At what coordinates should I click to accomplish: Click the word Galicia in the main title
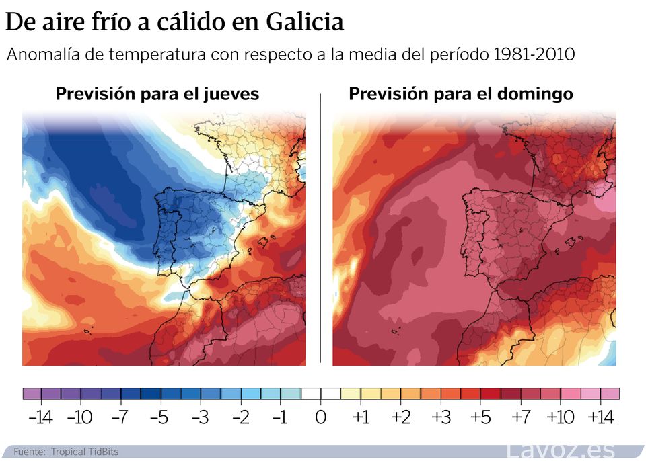305,22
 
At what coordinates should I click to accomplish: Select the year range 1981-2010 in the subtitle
534,54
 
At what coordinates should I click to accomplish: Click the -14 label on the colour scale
40,417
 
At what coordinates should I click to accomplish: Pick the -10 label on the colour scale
79,417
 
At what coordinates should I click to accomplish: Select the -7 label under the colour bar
119,417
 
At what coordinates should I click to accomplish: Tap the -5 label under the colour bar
159,417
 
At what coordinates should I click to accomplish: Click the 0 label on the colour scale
321,417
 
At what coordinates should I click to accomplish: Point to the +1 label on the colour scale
361,417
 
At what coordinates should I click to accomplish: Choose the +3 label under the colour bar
441,417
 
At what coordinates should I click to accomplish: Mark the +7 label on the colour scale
520,417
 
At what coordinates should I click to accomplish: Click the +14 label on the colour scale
600,417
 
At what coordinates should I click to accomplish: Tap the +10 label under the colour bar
560,417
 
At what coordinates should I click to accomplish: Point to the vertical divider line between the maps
320,228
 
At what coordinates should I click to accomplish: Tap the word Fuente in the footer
28,452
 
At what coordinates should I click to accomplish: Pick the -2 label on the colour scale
240,417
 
